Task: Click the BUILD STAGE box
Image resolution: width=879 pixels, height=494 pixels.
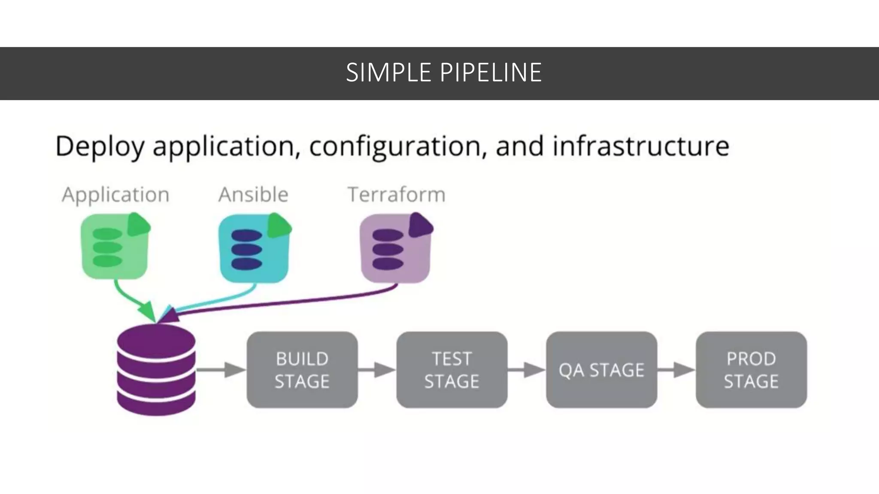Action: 302,370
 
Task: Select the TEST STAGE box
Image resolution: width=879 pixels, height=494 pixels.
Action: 452,370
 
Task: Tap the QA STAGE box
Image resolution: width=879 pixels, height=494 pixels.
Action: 601,370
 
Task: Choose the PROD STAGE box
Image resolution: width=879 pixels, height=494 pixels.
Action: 751,370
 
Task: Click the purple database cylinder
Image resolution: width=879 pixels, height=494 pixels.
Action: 156,370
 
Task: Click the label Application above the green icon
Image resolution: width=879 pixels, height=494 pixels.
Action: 115,195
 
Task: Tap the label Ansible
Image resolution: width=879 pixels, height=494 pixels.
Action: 253,195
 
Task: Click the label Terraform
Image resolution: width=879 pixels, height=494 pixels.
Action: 396,195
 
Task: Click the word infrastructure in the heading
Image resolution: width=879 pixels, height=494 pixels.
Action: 641,146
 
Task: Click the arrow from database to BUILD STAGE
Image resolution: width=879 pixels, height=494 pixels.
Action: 221,370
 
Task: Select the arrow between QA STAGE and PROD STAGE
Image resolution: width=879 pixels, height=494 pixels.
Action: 676,370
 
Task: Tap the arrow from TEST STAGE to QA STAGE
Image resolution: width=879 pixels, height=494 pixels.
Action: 526,370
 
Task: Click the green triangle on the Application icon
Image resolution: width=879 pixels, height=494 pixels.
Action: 138,225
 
